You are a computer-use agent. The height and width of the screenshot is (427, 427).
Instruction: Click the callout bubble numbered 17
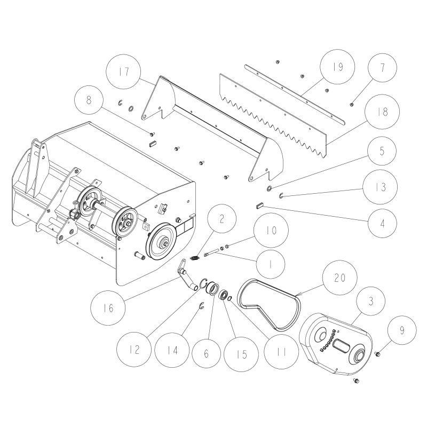tap(123, 73)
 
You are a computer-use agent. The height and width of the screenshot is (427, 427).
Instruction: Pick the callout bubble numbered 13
tap(380, 187)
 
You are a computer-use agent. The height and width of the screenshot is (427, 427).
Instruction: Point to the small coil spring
tap(196, 258)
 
